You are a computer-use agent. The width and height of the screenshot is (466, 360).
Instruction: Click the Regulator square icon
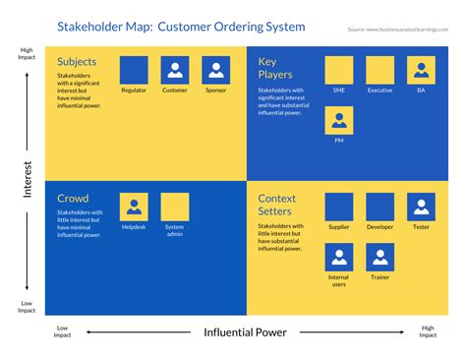134,70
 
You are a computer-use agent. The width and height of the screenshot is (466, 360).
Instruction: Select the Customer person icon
175,70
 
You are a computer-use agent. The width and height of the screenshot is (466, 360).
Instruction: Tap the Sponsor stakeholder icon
216,70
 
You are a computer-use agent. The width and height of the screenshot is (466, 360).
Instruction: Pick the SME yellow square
339,70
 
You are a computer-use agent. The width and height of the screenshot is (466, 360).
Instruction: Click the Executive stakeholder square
379,70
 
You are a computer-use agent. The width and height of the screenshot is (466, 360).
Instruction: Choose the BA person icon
421,70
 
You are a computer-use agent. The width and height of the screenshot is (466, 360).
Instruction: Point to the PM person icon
339,120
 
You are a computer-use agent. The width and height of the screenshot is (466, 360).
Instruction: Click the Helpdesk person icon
134,207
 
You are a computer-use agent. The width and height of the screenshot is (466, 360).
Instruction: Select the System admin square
175,207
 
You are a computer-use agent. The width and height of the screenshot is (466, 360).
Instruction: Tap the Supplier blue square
339,207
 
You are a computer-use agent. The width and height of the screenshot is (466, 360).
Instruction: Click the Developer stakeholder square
379,207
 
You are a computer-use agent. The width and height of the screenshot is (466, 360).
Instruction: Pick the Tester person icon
421,207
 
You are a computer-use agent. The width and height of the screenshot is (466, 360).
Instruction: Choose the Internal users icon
339,258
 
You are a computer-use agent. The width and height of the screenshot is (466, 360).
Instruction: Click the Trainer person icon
379,258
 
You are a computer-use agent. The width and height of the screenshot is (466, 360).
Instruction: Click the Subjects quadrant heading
78,61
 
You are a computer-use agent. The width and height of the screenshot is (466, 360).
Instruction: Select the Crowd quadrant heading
74,198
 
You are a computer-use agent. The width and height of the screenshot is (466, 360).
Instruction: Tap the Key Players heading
276,67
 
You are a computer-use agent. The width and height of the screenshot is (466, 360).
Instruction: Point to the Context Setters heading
278,205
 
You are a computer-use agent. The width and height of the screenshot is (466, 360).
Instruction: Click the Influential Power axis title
245,332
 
